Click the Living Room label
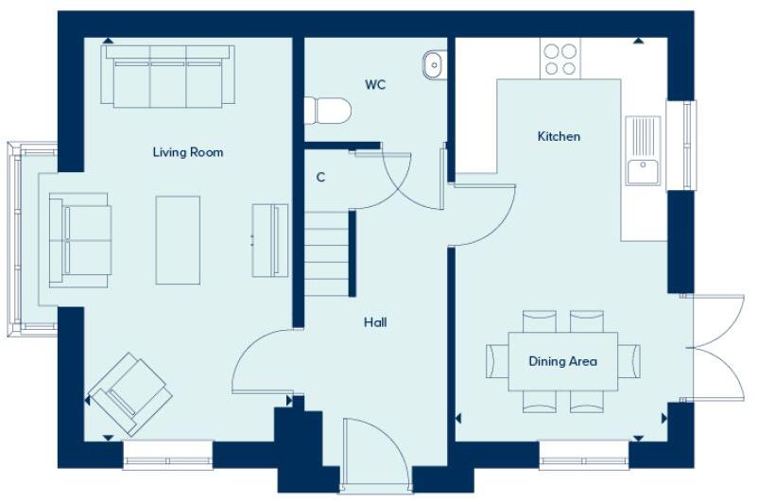click(188, 151)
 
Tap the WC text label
click(376, 84)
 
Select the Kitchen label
click(559, 136)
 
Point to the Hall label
click(375, 322)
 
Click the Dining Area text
click(562, 361)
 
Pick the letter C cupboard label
click(321, 177)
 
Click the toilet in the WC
click(327, 112)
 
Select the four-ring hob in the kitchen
click(560, 59)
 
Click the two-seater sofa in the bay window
click(79, 238)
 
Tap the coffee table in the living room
click(178, 239)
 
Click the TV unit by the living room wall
click(269, 239)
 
